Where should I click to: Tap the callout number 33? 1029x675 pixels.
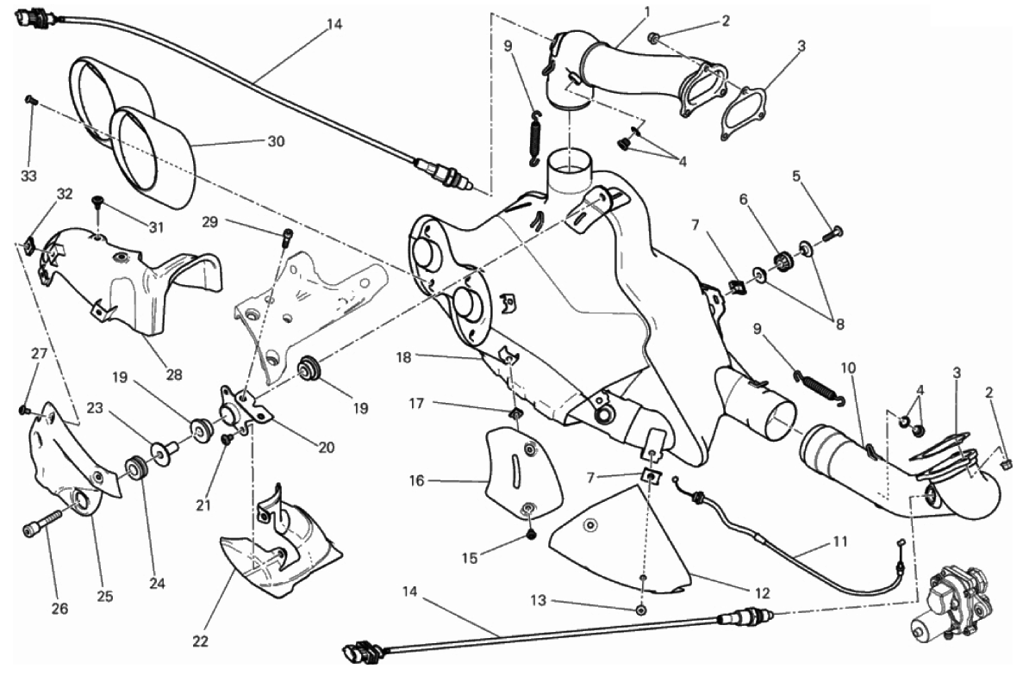click(30, 176)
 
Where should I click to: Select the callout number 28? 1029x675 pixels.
click(174, 375)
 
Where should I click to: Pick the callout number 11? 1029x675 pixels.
click(840, 542)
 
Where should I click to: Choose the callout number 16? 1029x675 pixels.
click(417, 480)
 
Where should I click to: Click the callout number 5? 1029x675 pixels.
click(797, 176)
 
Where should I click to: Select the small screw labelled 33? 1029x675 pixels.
click(31, 101)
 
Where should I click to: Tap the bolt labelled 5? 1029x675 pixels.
click(834, 231)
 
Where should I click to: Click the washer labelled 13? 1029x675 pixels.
click(642, 610)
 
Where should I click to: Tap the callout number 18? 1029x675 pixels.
click(405, 356)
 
